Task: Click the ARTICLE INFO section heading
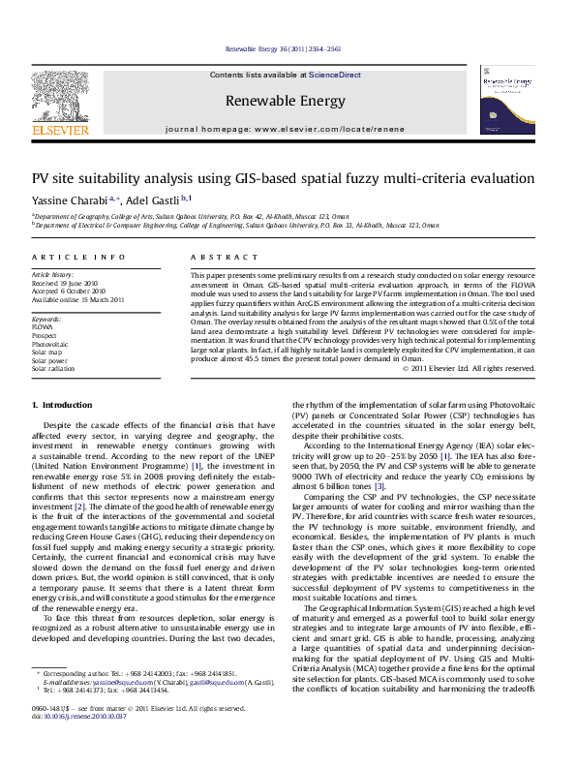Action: coord(65,257)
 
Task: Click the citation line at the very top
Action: coord(288,48)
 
